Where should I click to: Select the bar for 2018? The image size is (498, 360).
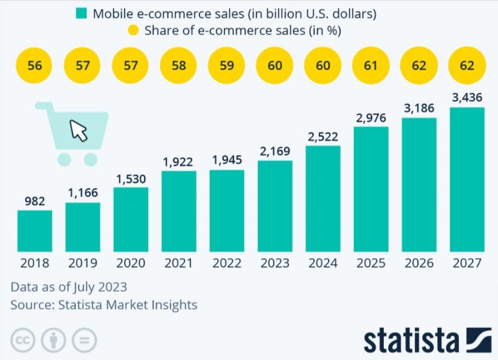pos(35,231)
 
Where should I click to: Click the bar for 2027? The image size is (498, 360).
pos(467,179)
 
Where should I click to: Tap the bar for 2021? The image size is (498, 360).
pos(179,211)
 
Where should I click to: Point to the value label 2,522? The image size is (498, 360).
pos(323,137)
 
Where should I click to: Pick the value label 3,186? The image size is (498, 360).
pos(419,108)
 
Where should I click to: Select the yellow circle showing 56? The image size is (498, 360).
pos(35,66)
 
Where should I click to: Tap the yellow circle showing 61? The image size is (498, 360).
pos(371,66)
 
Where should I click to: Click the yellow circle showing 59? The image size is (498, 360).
pos(227,66)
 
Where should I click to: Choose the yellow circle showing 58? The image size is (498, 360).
pos(179,66)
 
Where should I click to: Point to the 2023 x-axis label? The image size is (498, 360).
pos(275,263)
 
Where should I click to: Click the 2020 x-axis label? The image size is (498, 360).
pos(131,263)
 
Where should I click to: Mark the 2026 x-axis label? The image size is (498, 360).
pos(419,263)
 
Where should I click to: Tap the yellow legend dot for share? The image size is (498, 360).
pos(134,31)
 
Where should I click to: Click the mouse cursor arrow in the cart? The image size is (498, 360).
pos(79,130)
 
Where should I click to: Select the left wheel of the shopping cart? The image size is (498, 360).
pos(64,159)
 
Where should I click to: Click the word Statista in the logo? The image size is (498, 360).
pos(412,339)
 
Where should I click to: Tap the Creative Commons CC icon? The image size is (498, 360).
pos(23,339)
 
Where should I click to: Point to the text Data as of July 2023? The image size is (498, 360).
pos(69,288)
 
